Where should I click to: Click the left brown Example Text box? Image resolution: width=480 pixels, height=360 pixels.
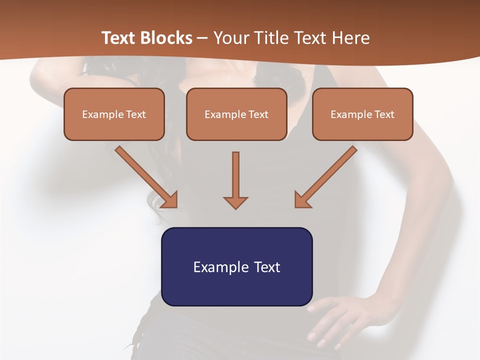pyautogui.click(x=114, y=114)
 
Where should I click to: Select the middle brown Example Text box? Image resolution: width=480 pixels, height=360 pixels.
pyautogui.click(x=236, y=114)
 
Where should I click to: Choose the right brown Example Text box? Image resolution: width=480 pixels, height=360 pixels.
pyautogui.click(x=362, y=114)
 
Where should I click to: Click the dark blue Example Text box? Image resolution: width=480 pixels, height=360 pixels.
pyautogui.click(x=236, y=266)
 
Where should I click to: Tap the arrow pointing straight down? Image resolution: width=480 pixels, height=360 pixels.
pyautogui.click(x=235, y=180)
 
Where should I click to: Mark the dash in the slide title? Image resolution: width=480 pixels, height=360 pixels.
pyautogui.click(x=202, y=38)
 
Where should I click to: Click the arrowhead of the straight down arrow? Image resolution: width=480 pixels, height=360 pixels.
pyautogui.click(x=235, y=202)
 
